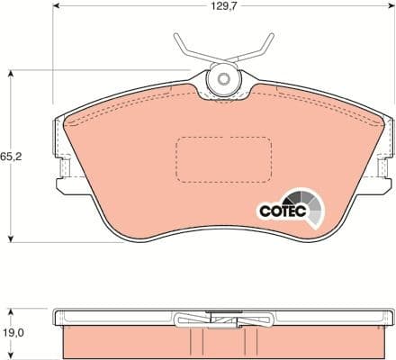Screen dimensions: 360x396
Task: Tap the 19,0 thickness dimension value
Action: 11,331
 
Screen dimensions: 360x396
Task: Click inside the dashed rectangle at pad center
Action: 223,158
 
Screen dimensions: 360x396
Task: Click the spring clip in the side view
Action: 222,319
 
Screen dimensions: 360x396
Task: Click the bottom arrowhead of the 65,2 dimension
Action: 11,238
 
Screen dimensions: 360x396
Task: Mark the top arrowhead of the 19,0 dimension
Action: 11,309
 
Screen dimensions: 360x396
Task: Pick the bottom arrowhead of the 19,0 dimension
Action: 11,356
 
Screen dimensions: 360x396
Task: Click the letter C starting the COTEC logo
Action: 265,211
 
